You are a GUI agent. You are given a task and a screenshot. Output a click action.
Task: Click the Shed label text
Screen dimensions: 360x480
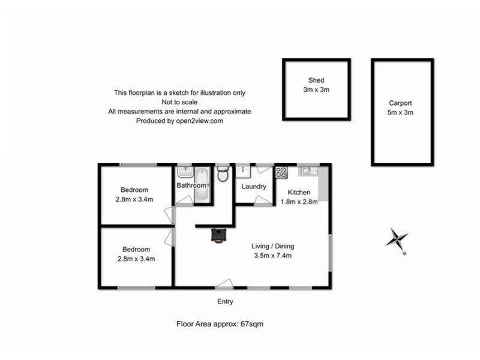click(x=316, y=80)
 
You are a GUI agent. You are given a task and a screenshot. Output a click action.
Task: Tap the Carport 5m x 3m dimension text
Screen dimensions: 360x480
click(x=401, y=112)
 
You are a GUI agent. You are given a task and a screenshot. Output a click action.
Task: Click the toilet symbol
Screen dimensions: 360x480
click(x=223, y=175)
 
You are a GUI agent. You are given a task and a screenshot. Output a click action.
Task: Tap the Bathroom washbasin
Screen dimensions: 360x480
click(x=184, y=172)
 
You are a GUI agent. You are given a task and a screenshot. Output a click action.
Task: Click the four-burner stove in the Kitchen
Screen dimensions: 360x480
click(x=281, y=172)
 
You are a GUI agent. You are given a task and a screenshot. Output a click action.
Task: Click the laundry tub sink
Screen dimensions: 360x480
click(x=244, y=172)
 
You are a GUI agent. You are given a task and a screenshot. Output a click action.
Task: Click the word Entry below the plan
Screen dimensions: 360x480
click(x=225, y=301)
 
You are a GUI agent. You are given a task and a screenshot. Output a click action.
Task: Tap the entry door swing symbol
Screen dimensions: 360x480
click(x=224, y=283)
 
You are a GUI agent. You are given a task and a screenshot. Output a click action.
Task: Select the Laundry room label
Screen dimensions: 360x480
click(x=254, y=187)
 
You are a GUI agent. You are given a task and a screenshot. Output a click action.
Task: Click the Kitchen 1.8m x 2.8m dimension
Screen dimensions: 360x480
click(x=299, y=202)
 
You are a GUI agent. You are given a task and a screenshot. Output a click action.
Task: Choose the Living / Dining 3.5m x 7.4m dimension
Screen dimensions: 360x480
click(x=272, y=256)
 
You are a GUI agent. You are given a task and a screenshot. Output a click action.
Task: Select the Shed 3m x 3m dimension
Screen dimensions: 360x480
click(x=316, y=89)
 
